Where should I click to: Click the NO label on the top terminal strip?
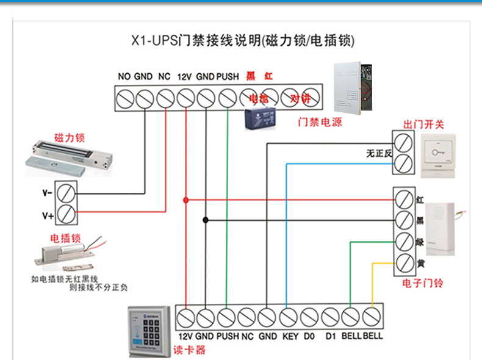point(124,77)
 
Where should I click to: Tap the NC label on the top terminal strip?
point(164,77)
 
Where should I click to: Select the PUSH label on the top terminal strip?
point(228,77)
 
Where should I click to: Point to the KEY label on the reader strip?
point(290,336)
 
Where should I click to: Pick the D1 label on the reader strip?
point(331,336)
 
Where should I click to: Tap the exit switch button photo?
point(437,155)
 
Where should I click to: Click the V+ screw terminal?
point(67,214)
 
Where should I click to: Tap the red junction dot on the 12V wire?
point(185,200)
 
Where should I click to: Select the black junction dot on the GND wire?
point(206,220)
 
